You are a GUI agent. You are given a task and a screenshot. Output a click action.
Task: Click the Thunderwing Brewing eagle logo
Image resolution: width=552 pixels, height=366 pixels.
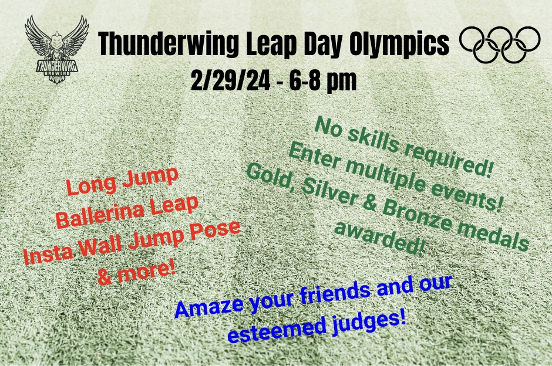tap(57, 49)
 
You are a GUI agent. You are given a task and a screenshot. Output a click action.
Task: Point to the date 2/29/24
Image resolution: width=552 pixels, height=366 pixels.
tap(231, 80)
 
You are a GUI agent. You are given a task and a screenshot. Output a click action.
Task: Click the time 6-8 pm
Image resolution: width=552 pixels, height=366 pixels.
tap(323, 81)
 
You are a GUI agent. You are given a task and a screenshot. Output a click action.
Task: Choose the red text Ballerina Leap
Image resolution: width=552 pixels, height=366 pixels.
tap(127, 211)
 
